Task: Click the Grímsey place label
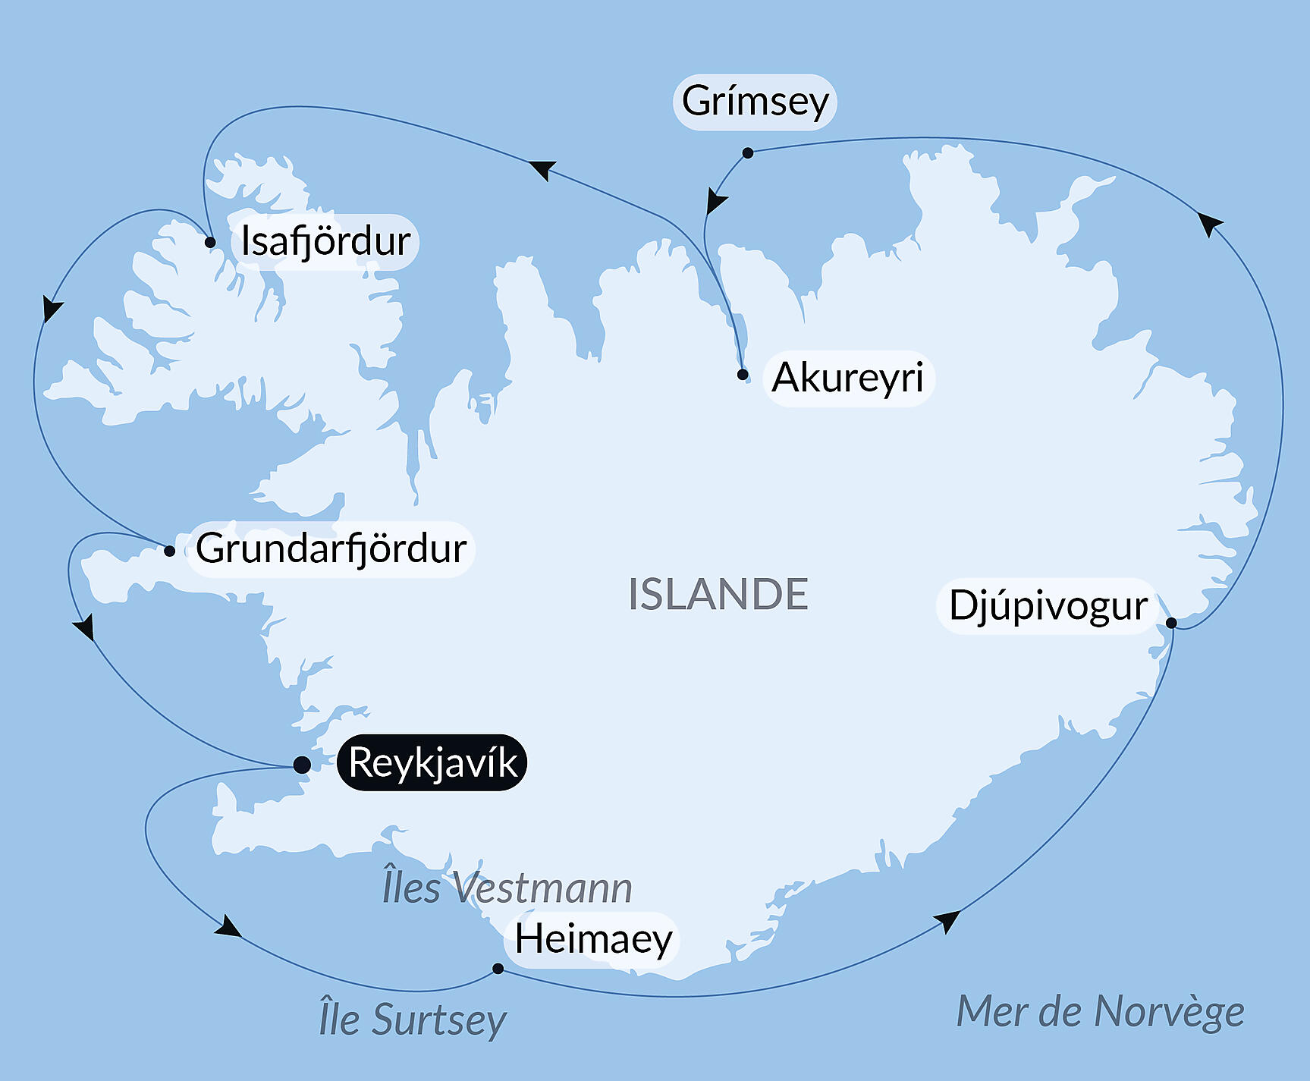tap(755, 102)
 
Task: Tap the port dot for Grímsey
tap(747, 152)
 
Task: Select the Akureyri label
tap(848, 378)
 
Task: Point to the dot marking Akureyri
tap(743, 374)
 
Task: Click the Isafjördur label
tap(325, 241)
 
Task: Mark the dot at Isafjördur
tap(210, 243)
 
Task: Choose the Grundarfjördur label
tap(331, 548)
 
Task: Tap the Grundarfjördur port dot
tap(169, 551)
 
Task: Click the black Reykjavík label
tap(432, 762)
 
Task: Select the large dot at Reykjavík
tap(301, 764)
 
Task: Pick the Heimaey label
tap(593, 939)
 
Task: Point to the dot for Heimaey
tap(498, 968)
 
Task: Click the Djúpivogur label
tap(1048, 605)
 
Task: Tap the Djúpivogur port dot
tap(1171, 623)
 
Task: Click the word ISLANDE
tap(718, 594)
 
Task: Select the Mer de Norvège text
tap(1100, 1011)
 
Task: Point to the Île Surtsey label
tap(412, 1019)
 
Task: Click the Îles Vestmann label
tap(507, 888)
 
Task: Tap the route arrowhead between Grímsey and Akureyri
tap(715, 202)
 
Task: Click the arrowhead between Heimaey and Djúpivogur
tap(947, 920)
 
